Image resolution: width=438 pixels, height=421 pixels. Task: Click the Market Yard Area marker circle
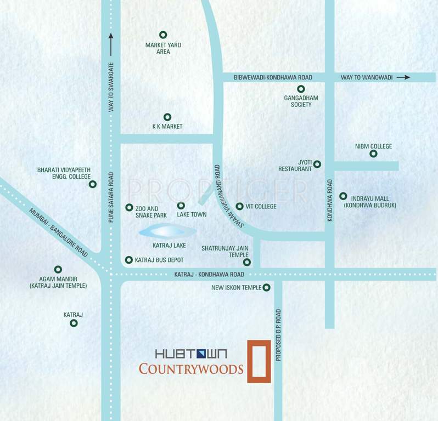tap(162, 35)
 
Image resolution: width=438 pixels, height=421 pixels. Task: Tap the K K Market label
tap(167, 127)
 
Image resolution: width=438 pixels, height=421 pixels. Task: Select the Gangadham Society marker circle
tap(301, 89)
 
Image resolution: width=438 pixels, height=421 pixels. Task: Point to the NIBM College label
tap(373, 146)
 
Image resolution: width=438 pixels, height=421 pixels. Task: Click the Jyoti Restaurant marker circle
tap(317, 164)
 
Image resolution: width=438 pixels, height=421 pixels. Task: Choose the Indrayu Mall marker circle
tap(343, 196)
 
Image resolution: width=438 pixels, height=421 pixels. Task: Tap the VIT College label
tap(261, 207)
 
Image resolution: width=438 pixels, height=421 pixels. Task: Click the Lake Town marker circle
tap(181, 206)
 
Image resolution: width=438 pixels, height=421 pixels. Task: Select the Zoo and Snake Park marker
tap(129, 207)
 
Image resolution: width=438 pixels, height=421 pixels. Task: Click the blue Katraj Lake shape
tap(167, 231)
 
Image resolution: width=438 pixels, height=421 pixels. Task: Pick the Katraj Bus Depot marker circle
tap(129, 260)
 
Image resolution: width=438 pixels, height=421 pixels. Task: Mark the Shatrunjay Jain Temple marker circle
tap(247, 262)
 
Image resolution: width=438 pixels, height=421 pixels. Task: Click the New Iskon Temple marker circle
tap(266, 288)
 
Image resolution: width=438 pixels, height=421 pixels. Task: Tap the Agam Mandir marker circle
tap(58, 269)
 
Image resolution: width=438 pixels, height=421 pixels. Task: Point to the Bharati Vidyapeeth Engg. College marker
tap(93, 184)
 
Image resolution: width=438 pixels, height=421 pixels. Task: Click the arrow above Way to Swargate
tap(111, 44)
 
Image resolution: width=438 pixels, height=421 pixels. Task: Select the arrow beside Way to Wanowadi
tap(403, 77)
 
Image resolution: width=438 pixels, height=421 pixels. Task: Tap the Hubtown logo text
tap(191, 354)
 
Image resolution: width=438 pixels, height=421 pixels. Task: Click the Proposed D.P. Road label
tap(279, 335)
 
